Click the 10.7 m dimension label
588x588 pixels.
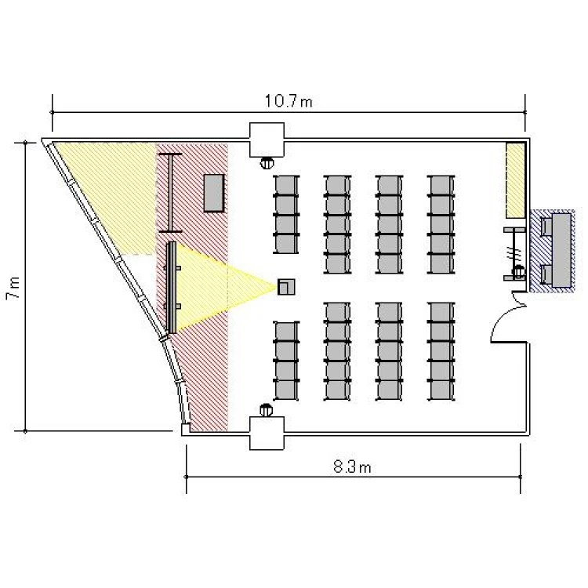coord(289,101)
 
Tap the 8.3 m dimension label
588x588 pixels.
coord(352,467)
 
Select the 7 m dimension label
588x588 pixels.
coord(13,288)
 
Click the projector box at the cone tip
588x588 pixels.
coord(286,287)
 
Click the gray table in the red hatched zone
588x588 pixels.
coord(214,193)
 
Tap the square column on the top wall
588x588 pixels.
coord(267,140)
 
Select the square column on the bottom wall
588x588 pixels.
coord(267,433)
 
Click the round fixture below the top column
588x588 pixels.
coord(267,163)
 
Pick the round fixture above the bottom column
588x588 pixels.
coord(266,410)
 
